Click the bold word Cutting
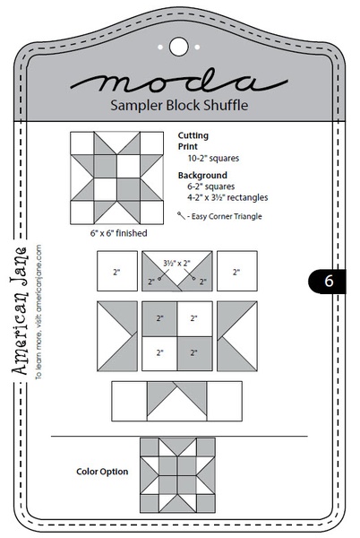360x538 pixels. pyautogui.click(x=193, y=134)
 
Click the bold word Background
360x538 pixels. pyautogui.click(x=202, y=175)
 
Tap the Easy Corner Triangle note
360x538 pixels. pyautogui.click(x=220, y=216)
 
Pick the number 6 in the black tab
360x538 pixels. pyautogui.click(x=329, y=281)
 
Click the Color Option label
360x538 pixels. pyautogui.click(x=102, y=471)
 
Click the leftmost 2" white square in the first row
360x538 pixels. pyautogui.click(x=116, y=271)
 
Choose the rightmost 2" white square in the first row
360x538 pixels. pyautogui.click(x=237, y=271)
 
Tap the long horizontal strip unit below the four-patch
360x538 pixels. pyautogui.click(x=176, y=400)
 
